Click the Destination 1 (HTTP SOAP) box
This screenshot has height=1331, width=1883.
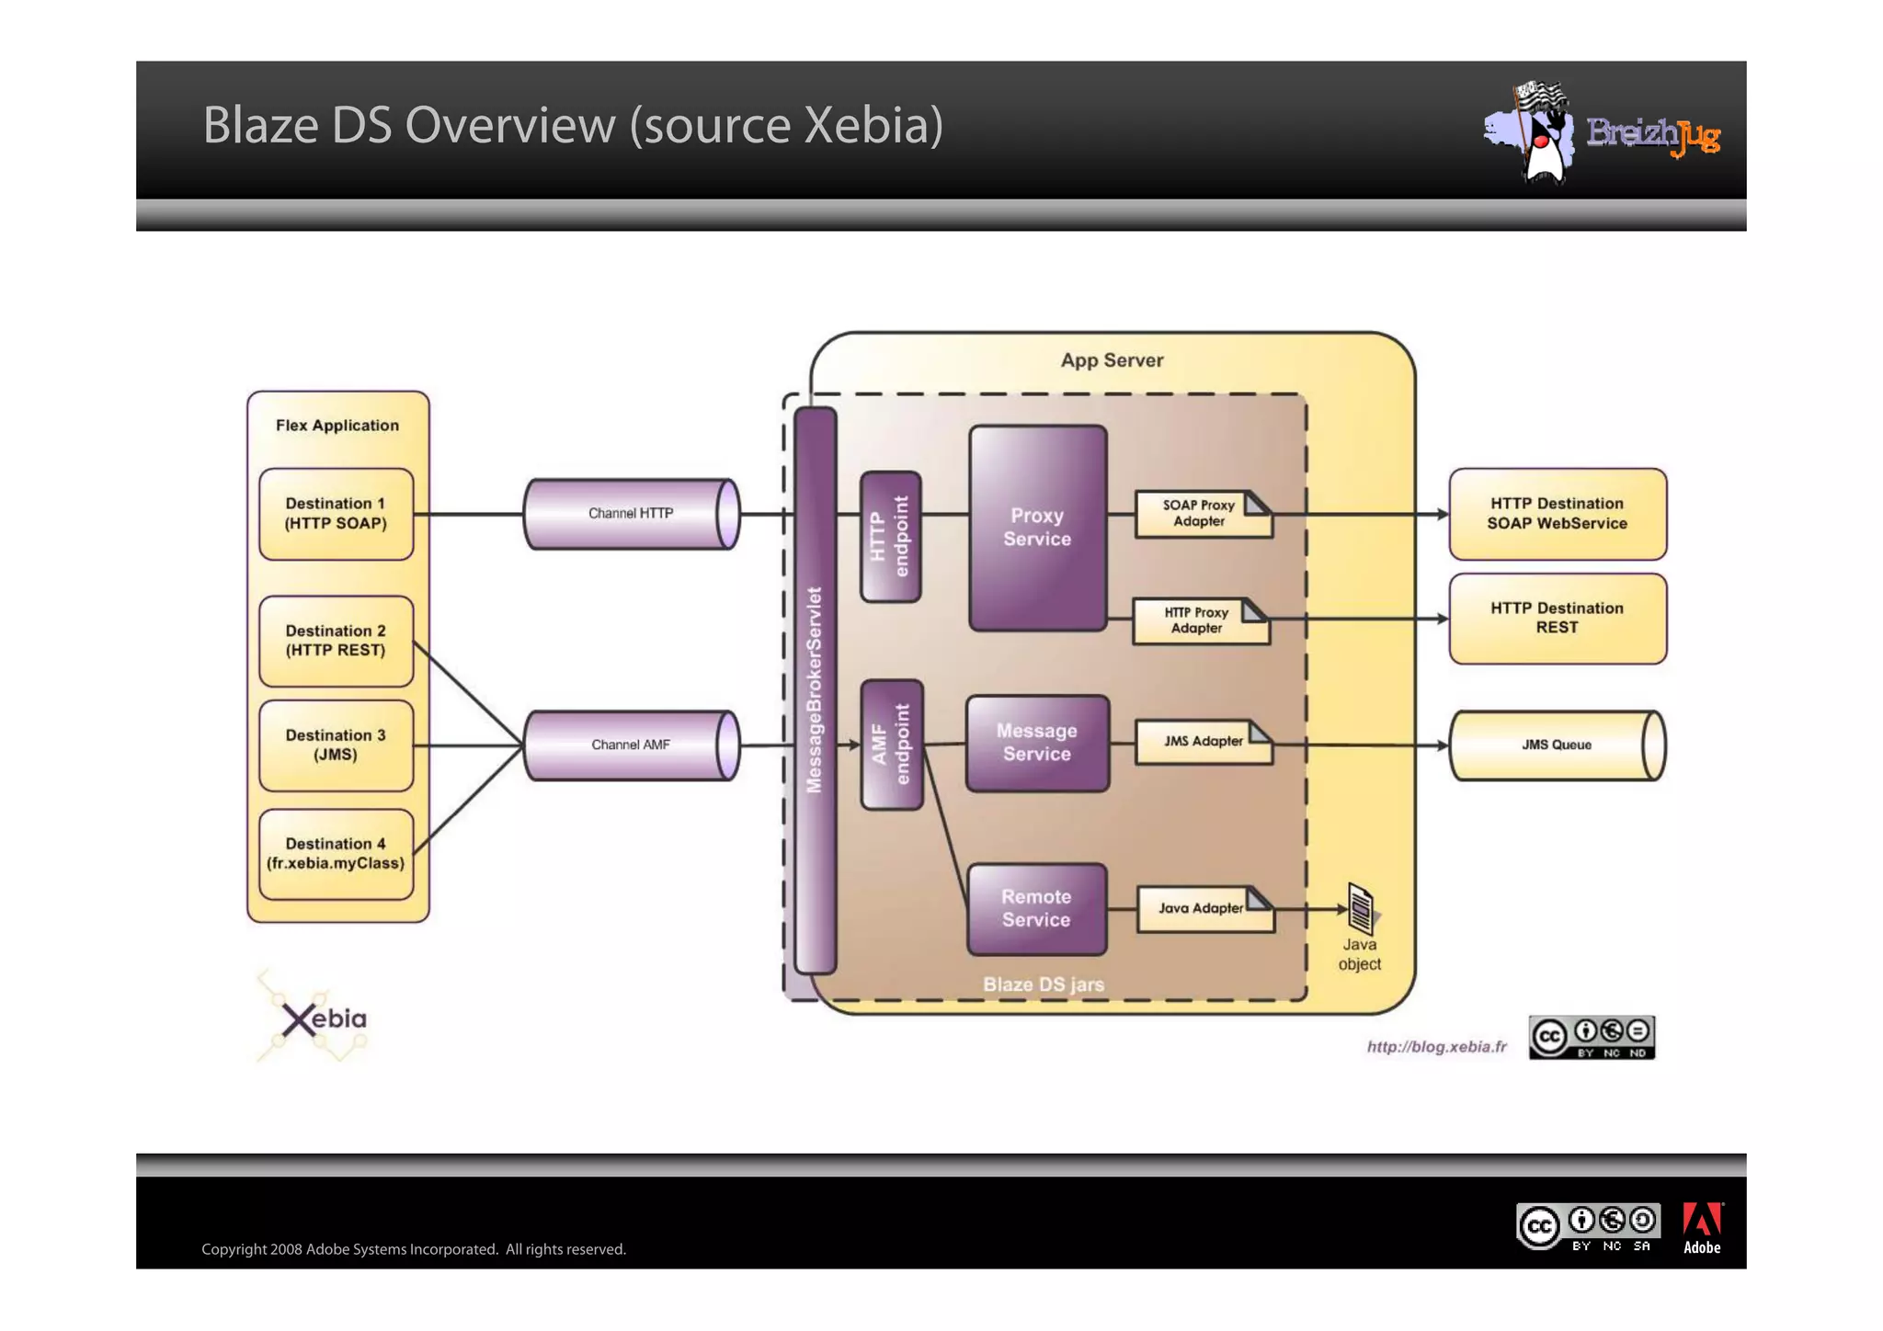tap(336, 514)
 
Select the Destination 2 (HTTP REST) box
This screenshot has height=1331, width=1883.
tap(336, 641)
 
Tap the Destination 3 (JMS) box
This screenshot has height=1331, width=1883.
tap(336, 745)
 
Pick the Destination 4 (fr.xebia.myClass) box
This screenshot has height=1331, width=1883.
tap(336, 854)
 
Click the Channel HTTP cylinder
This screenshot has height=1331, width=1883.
tap(631, 514)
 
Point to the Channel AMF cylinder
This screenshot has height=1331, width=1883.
tap(631, 745)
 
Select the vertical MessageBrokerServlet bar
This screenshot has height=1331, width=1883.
tap(815, 689)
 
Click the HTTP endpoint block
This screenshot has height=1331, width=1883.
tap(890, 537)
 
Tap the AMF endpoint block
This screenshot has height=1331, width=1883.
tap(891, 745)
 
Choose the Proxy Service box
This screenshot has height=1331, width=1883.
tap(1037, 528)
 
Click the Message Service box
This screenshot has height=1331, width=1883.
tap(1037, 743)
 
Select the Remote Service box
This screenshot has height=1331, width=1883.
tap(1036, 908)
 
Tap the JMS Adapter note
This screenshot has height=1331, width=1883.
tap(1204, 742)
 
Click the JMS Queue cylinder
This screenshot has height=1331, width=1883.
tap(1557, 745)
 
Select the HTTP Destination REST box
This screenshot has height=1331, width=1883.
tap(1557, 619)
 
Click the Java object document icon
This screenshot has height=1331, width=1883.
tap(1361, 908)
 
